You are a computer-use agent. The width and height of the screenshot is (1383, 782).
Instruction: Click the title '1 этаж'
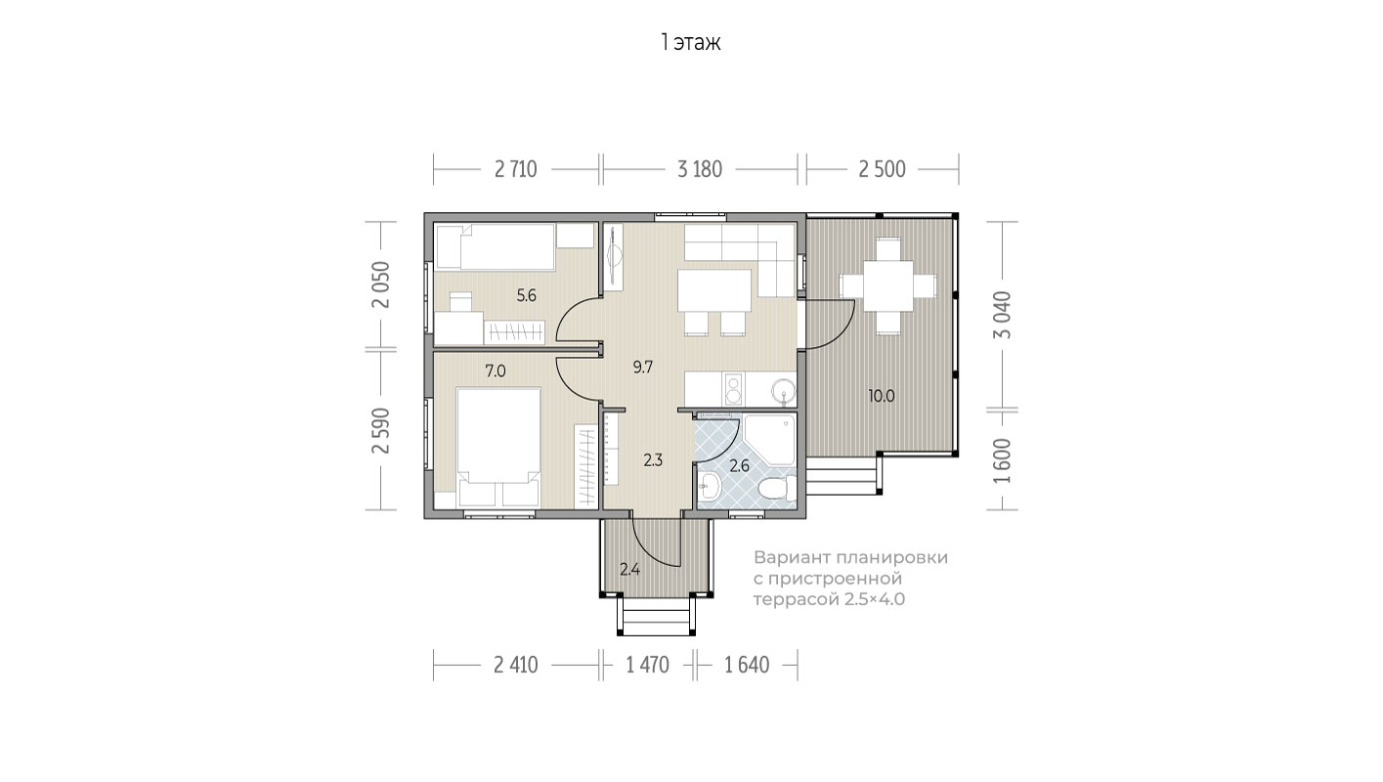point(690,43)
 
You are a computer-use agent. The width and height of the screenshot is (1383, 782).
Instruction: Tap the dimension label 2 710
point(515,169)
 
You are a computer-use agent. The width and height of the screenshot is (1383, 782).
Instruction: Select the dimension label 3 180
point(700,169)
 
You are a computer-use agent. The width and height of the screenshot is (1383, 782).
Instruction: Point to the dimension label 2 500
point(882,169)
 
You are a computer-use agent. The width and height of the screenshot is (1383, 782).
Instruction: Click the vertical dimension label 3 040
point(1003,315)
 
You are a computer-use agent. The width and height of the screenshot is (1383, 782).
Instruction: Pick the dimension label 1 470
point(647,665)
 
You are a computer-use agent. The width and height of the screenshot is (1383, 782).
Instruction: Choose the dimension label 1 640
point(747,665)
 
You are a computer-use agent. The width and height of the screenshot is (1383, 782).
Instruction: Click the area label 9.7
point(643,368)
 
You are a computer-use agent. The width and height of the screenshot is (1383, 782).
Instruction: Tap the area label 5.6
point(526,295)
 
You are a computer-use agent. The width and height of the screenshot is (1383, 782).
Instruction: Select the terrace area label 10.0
point(881,396)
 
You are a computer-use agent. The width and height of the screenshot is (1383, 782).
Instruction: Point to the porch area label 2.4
point(629,570)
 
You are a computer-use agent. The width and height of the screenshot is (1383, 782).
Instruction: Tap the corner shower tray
point(769,440)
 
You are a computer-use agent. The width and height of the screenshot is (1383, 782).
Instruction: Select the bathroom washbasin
point(710,487)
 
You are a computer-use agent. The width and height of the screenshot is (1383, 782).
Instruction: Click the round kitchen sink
point(784,392)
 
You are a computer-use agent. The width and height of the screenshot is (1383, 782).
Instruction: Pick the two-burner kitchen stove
point(733,389)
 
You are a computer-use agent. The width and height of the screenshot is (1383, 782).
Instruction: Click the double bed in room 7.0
point(498,447)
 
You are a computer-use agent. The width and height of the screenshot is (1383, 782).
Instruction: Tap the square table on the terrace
point(887,286)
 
